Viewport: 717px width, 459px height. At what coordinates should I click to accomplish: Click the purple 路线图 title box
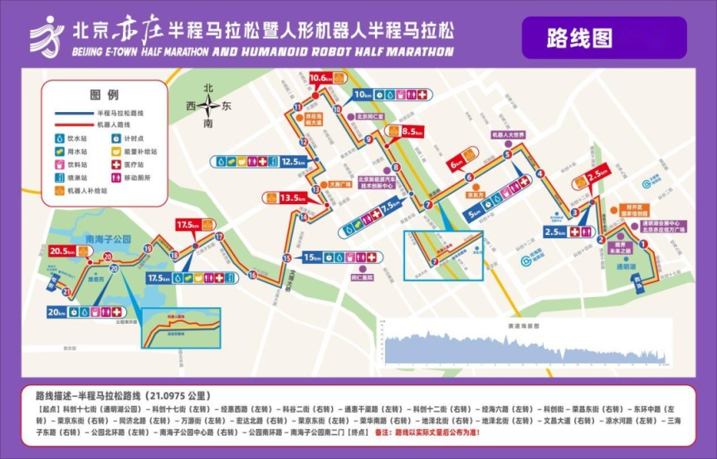[603, 37]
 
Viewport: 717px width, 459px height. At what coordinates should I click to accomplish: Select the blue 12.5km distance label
[294, 162]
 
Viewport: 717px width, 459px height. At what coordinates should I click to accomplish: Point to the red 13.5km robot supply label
[285, 198]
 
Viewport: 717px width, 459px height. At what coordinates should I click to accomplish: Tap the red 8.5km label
[412, 132]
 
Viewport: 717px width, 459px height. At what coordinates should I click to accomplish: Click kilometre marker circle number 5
[506, 154]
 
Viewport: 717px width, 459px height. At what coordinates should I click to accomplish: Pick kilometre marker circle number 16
[251, 274]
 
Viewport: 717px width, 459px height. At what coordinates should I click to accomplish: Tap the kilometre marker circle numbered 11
[297, 108]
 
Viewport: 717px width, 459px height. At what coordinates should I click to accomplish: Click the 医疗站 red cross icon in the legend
[116, 164]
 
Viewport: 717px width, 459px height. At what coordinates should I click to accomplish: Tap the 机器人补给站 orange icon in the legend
[60, 190]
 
